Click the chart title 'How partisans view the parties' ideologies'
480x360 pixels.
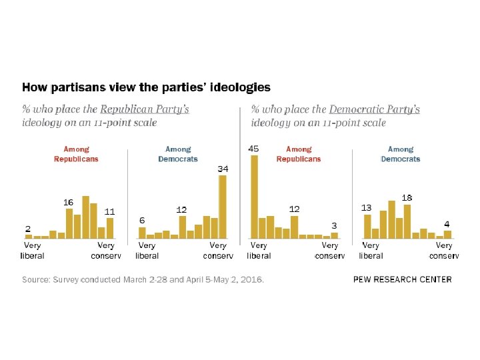coord(147,87)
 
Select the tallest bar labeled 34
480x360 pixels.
coord(223,207)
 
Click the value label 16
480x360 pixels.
coord(68,201)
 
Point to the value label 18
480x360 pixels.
coord(407,198)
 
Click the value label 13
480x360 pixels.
coord(366,207)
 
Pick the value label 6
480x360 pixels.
coord(142,220)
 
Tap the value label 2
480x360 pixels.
coord(28,228)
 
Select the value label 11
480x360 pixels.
coord(110,211)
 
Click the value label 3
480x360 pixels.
coord(334,225)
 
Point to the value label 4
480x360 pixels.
coord(447,223)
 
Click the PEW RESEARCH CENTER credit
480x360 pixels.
coord(402,279)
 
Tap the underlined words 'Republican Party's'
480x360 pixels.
coord(144,109)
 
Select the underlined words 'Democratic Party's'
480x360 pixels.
coord(375,109)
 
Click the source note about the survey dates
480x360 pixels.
coord(143,280)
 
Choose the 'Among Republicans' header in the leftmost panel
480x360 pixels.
coord(76,154)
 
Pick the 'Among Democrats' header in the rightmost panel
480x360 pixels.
coord(401,154)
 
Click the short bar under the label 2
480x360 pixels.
coord(29,236)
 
